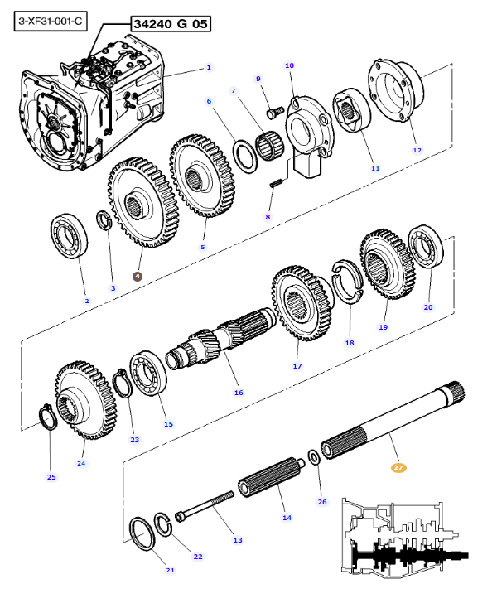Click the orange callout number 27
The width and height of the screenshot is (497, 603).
point(398,468)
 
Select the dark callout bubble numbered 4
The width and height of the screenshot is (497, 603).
point(138,276)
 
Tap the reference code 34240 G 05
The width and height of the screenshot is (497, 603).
point(171,24)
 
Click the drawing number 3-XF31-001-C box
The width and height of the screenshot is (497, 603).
point(51,22)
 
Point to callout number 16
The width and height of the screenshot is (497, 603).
point(239,393)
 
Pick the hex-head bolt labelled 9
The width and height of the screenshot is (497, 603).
point(275,112)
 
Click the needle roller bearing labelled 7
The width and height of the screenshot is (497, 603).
point(269,146)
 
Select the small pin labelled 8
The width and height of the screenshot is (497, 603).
point(277,183)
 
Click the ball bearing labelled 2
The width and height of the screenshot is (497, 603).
point(70,236)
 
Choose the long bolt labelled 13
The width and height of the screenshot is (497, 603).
point(205,505)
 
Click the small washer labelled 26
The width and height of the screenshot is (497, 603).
point(314,457)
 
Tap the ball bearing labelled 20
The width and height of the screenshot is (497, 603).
point(426,247)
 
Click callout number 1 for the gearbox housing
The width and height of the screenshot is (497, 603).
point(209,67)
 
